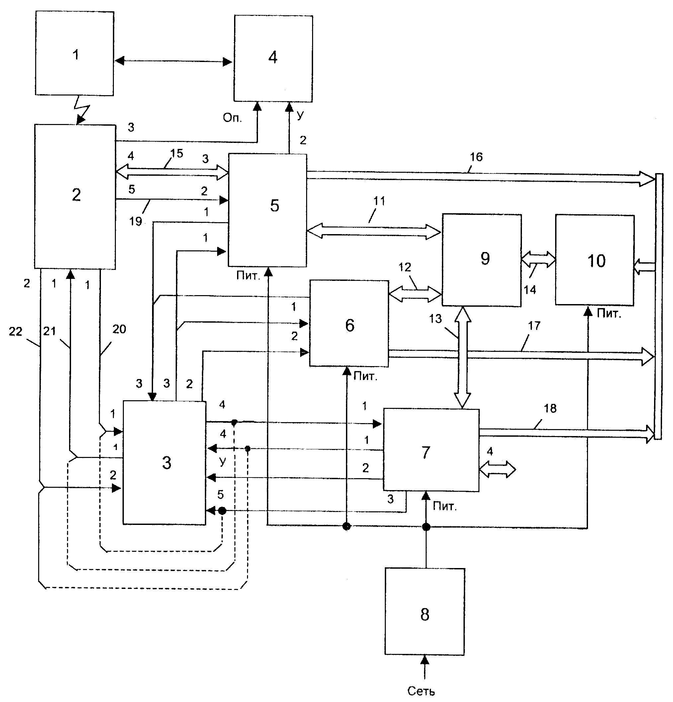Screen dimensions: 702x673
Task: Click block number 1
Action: (x=75, y=54)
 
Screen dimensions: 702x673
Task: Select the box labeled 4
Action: (x=273, y=58)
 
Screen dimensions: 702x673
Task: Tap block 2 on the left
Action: (x=75, y=196)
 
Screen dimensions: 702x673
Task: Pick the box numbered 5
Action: (x=268, y=210)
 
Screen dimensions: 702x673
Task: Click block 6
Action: (x=349, y=323)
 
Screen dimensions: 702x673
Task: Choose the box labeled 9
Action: (x=481, y=260)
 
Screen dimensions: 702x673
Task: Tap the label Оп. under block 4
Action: (x=232, y=118)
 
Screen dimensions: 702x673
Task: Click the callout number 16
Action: (x=476, y=157)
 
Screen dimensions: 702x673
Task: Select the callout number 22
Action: (x=15, y=332)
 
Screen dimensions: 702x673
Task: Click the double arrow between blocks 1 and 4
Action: (x=174, y=61)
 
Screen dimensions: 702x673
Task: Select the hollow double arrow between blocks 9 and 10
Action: (x=538, y=259)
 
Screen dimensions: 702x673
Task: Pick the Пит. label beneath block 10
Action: (x=609, y=314)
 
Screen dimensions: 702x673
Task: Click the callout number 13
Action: (x=436, y=318)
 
